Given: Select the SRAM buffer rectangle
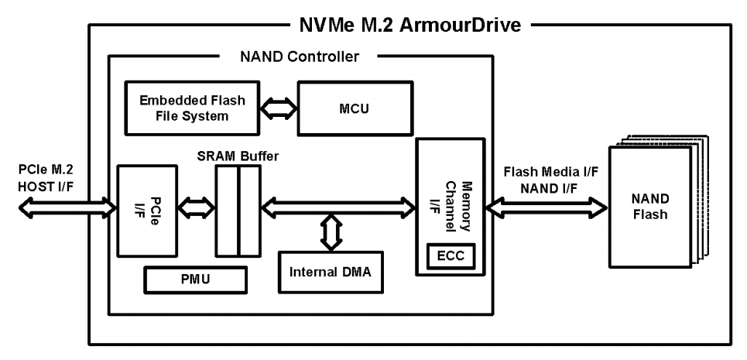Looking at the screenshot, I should [238, 211].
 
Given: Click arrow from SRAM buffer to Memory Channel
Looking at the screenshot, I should [339, 207].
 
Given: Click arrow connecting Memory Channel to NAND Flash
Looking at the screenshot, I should [546, 207].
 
